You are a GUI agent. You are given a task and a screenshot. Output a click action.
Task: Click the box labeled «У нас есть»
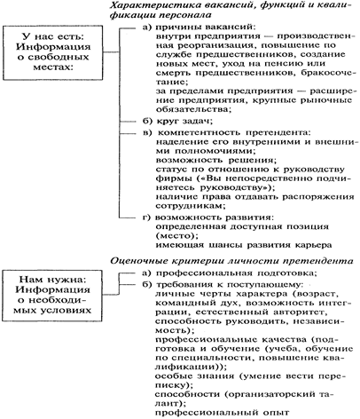click(x=52, y=52)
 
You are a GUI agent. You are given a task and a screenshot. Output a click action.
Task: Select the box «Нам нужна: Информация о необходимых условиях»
click(x=52, y=296)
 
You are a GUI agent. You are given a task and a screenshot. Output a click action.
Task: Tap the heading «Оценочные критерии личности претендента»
click(x=231, y=261)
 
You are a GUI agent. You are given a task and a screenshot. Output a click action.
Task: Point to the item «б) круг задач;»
click(x=178, y=122)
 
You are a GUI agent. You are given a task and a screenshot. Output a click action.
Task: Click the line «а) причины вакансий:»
click(x=199, y=28)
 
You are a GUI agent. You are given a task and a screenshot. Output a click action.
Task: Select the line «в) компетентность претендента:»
click(x=227, y=133)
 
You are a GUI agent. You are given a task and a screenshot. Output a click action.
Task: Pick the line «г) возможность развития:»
click(x=208, y=217)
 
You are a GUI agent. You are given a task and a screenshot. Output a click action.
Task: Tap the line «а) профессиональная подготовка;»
click(x=230, y=273)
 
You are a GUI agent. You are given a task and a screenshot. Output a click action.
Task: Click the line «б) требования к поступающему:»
click(x=223, y=285)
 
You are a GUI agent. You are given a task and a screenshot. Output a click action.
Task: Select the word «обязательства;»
click(x=193, y=109)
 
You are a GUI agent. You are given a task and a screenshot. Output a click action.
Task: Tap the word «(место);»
click(x=176, y=236)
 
